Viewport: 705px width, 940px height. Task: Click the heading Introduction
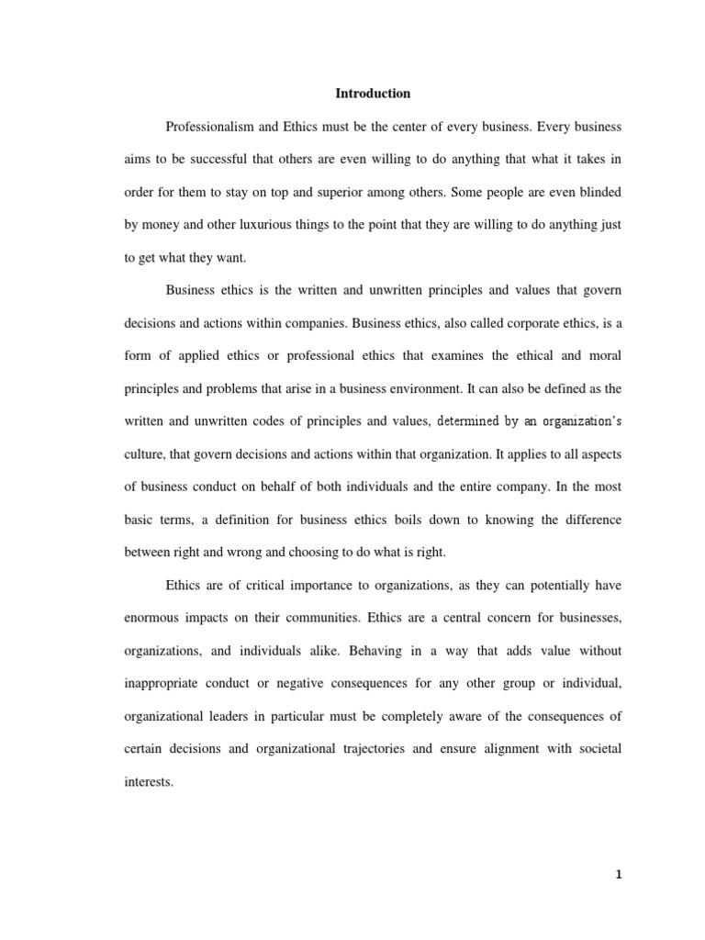pos(373,94)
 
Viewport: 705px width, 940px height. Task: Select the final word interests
pos(148,782)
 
